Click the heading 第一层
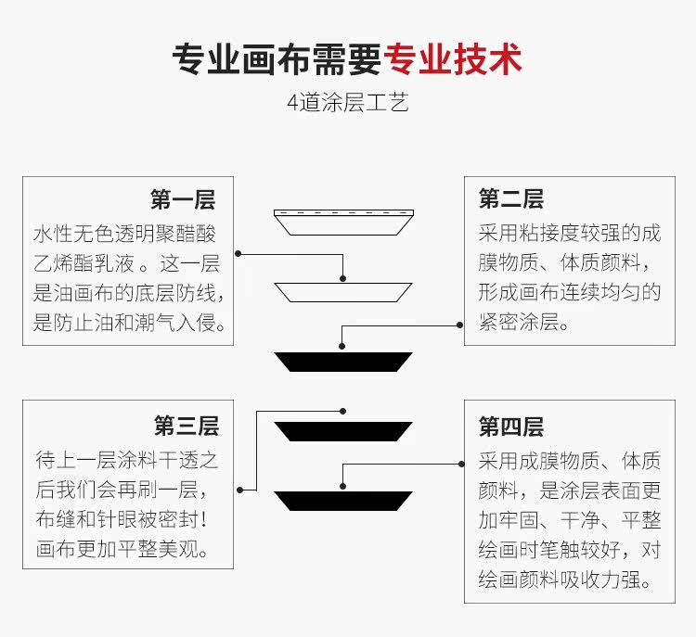[183, 199]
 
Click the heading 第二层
[511, 199]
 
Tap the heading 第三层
[186, 427]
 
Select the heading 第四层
[511, 427]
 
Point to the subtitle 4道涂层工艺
[348, 103]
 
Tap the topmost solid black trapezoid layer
[343, 362]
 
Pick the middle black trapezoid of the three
[343, 431]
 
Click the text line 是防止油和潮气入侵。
[129, 323]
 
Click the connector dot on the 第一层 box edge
[238, 252]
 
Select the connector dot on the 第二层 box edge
[459, 324]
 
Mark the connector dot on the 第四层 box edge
[459, 462]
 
